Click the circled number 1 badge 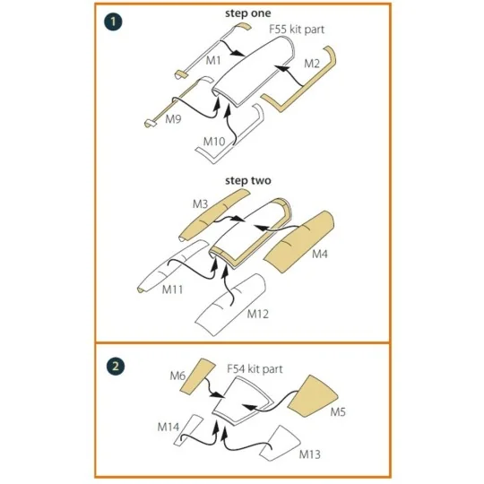[113, 22]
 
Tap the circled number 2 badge [115, 367]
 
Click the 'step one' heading [248, 13]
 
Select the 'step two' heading [248, 180]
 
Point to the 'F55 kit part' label [297, 30]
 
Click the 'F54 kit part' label [255, 369]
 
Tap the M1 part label [213, 61]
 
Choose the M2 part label [312, 64]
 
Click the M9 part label [173, 119]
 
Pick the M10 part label [214, 142]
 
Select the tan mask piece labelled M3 [213, 215]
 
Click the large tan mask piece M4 [298, 241]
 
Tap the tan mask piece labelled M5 [313, 396]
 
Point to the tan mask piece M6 [197, 376]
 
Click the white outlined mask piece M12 [230, 305]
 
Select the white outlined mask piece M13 [280, 444]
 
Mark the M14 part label [169, 427]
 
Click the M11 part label [173, 290]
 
